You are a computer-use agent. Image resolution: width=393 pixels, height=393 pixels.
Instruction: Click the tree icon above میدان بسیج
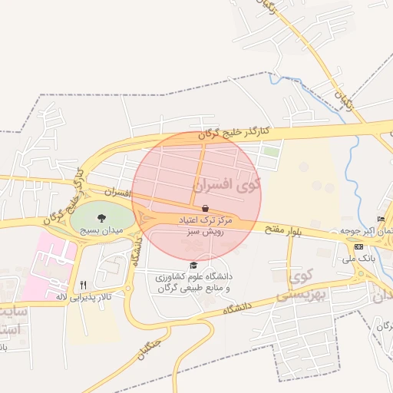pos(101,217)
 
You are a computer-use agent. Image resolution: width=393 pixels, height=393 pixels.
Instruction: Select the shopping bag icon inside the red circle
pos(205,208)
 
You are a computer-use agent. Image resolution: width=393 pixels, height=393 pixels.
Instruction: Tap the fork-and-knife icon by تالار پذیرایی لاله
pos(83,285)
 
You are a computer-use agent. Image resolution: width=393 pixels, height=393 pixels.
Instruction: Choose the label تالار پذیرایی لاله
pos(83,296)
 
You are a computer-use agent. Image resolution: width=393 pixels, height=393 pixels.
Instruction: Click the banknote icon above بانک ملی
pos(359,246)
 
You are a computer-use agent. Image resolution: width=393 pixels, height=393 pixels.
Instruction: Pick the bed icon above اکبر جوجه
pos(381,220)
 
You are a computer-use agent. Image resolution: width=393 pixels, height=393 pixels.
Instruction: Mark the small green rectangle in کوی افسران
pos(269,151)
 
